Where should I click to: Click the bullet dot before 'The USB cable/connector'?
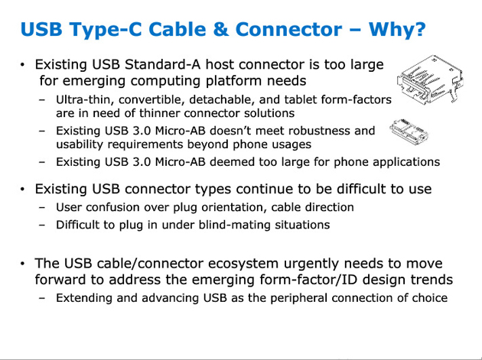tap(24, 264)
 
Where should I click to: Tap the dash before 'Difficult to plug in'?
tap(41, 225)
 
